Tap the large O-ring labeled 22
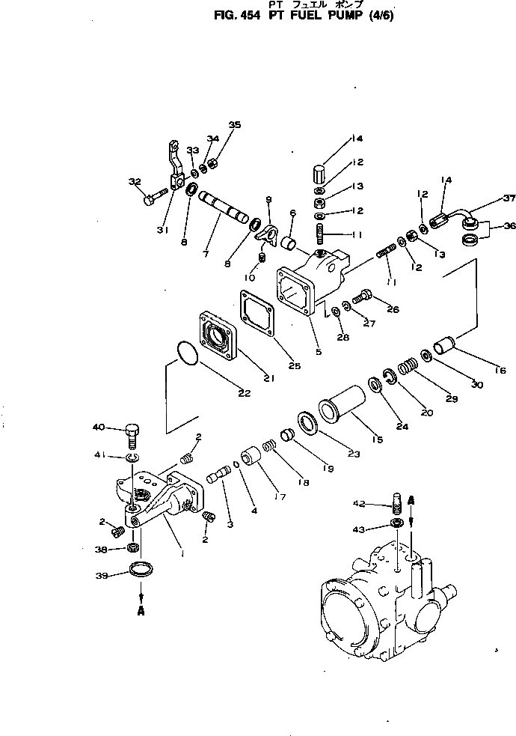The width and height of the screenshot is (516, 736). (187, 353)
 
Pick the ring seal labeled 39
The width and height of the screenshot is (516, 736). (140, 570)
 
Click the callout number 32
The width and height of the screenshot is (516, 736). (135, 181)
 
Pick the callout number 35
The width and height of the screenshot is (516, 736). (235, 124)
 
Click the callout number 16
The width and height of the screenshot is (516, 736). (500, 370)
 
